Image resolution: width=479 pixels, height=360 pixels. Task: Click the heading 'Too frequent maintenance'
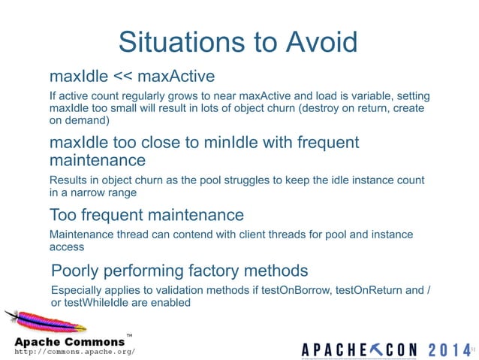coord(146,216)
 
